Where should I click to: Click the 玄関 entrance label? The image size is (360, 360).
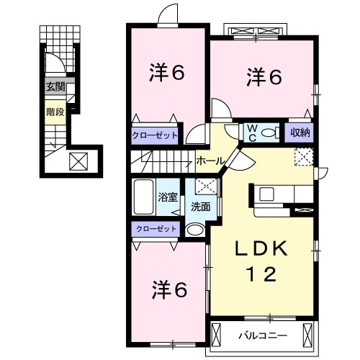55,86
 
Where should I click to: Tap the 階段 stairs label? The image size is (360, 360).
55,112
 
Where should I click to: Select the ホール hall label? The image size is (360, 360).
210,161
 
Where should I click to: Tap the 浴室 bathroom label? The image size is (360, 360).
168,197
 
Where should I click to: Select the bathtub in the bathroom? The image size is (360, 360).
143,197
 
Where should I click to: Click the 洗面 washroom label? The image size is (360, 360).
201,207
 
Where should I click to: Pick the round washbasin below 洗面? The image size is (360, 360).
196,230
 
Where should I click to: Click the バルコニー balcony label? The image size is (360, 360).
263,336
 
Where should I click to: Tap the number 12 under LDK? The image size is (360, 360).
261,274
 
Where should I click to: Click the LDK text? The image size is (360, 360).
261,248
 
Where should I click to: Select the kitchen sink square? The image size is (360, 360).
266,194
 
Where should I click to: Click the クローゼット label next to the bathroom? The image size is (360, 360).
156,228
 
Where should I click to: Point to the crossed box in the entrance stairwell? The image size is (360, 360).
78,161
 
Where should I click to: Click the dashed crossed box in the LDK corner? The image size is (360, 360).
304,156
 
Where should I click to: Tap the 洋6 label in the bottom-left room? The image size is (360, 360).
170,290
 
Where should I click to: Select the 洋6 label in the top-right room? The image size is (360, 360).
264,77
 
